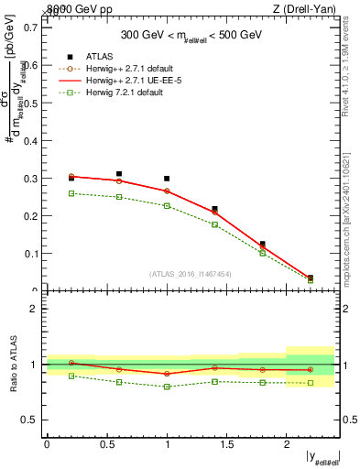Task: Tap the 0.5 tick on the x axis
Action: pyautogui.click(x=106, y=444)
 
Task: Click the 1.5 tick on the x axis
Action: pyautogui.click(x=226, y=444)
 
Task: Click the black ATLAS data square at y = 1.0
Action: pyautogui.click(x=167, y=179)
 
